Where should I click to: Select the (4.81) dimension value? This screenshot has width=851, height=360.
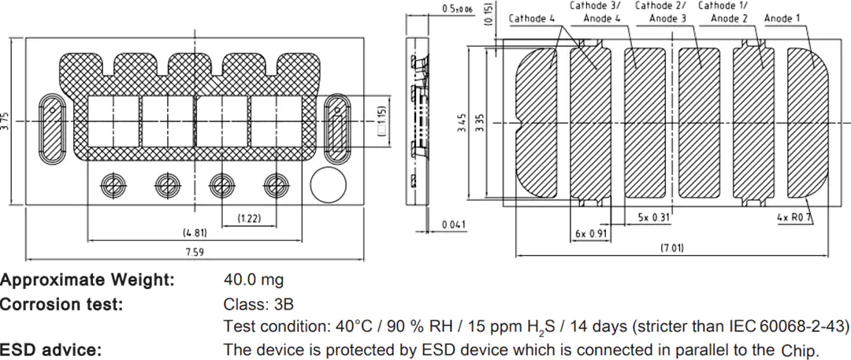click(x=195, y=232)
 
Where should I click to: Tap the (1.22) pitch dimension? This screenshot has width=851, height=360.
click(x=249, y=219)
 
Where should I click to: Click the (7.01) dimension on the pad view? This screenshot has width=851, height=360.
click(x=672, y=249)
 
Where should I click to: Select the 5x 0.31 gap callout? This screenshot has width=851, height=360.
click(x=653, y=217)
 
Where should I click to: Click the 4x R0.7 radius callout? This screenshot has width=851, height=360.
click(x=794, y=217)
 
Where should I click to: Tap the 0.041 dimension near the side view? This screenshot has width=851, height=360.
click(x=453, y=225)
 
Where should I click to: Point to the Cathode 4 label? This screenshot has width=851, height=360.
click(x=531, y=19)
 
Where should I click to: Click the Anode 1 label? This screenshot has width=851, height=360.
click(x=782, y=19)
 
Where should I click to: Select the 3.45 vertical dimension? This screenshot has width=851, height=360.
click(x=461, y=123)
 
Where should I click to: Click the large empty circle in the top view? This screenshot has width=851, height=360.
click(x=328, y=184)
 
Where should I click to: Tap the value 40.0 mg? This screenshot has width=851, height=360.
click(x=254, y=280)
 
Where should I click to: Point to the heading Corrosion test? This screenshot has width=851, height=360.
click(x=61, y=304)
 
